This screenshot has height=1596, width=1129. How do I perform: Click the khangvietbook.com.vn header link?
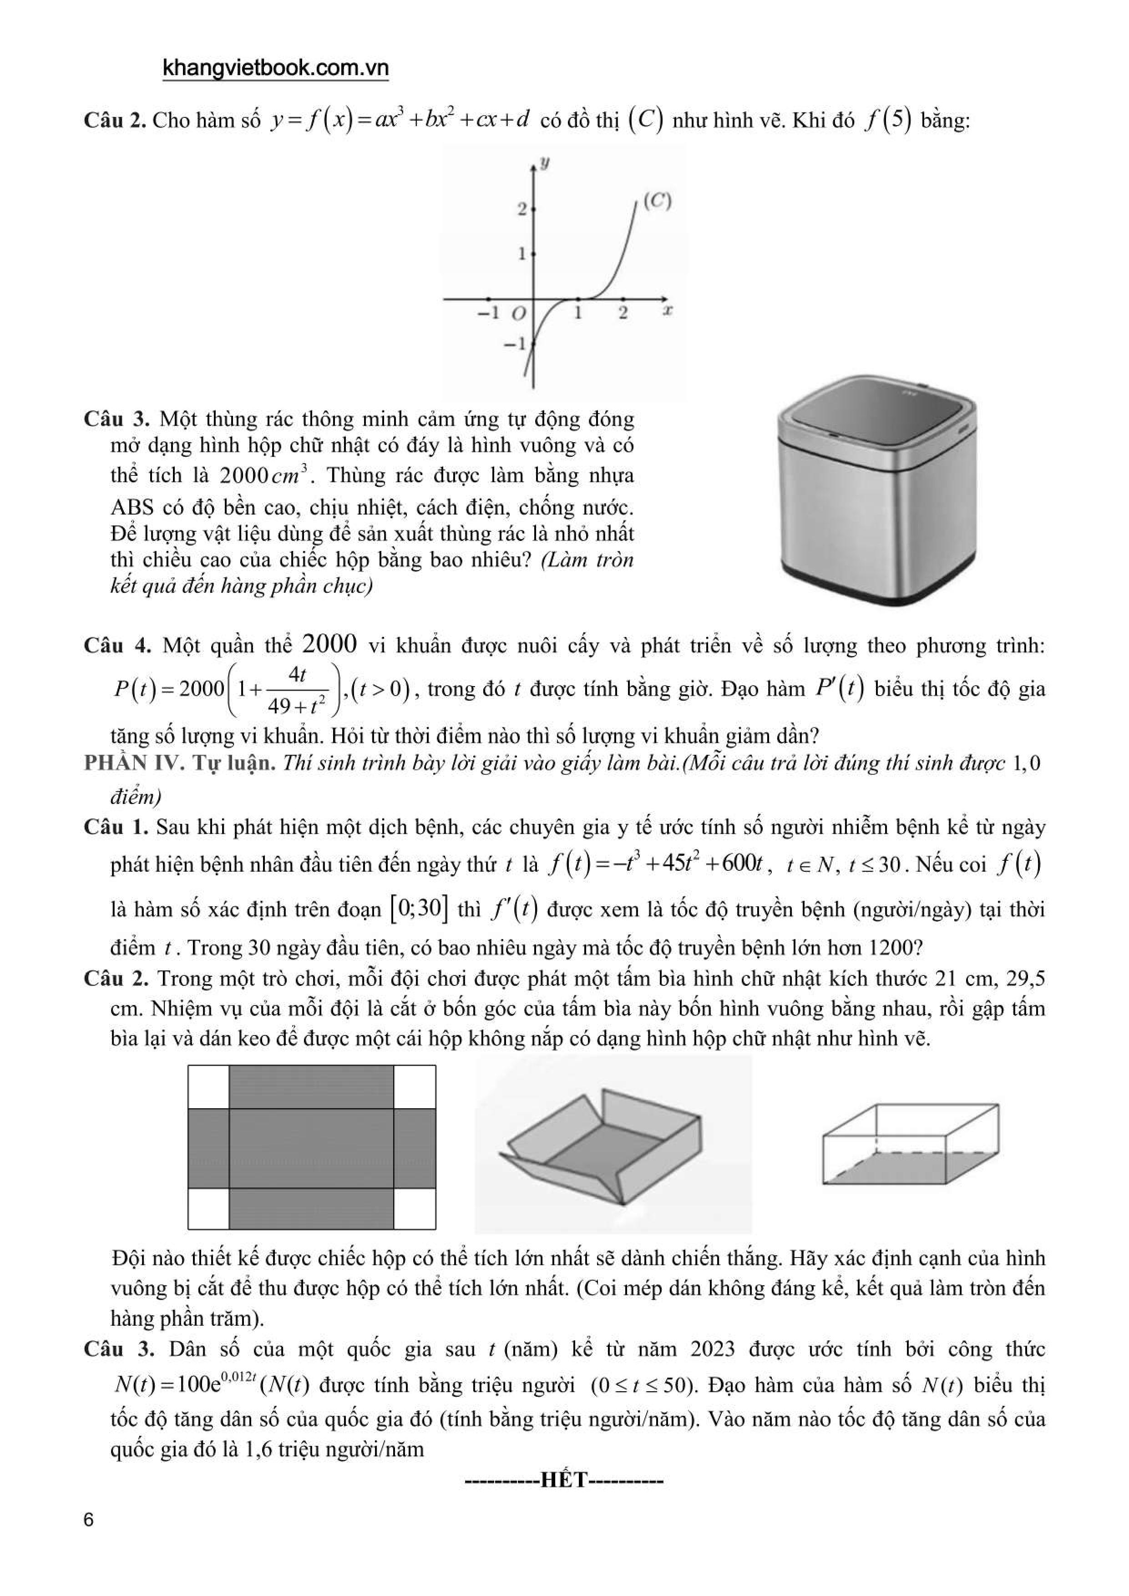point(275,68)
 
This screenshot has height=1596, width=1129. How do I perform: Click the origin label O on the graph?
point(518,314)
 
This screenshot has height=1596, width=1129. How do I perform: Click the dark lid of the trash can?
point(877,418)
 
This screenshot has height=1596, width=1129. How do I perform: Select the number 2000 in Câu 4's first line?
point(330,644)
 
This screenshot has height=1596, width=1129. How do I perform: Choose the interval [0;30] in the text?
point(419,909)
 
